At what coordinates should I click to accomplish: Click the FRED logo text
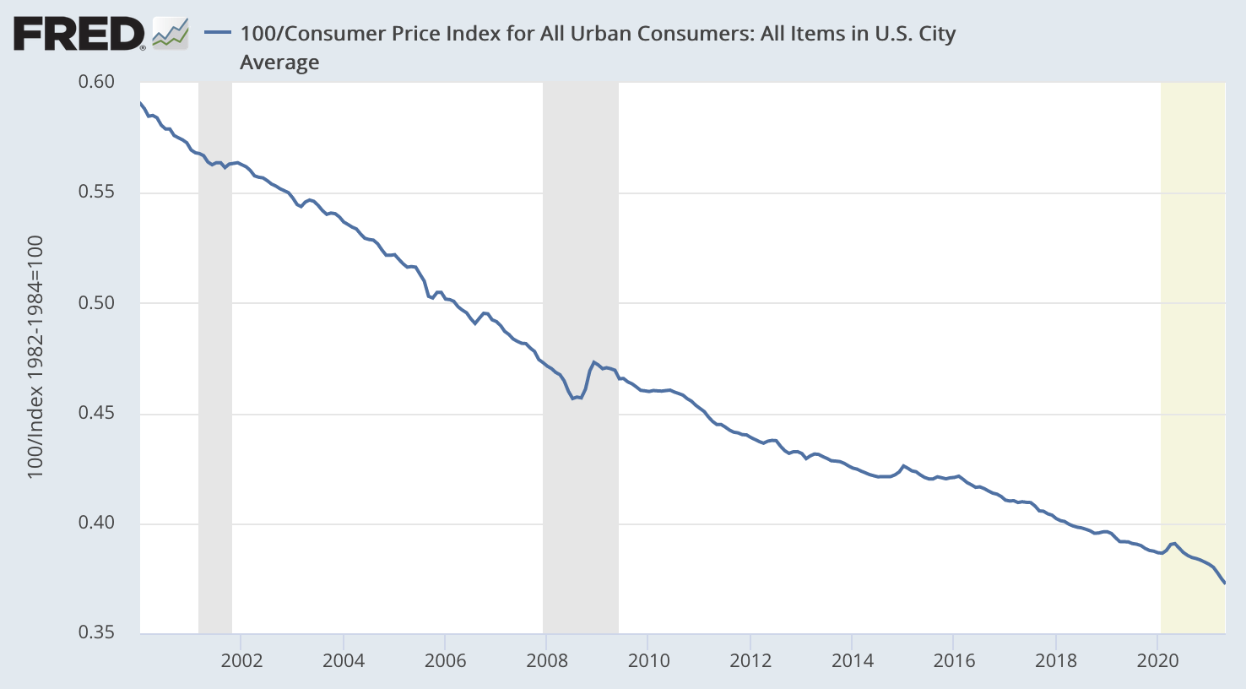click(79, 35)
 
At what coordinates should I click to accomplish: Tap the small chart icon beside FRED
click(170, 34)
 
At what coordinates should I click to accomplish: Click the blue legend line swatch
click(218, 33)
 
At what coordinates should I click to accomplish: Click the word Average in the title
click(279, 62)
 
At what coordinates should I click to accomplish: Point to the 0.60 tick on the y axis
click(96, 82)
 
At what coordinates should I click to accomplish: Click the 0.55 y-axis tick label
click(96, 193)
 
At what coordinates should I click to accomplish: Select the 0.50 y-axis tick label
click(96, 303)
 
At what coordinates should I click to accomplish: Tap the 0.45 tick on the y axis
click(96, 414)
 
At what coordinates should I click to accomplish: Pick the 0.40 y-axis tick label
click(96, 524)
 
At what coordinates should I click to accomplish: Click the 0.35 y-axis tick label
click(96, 632)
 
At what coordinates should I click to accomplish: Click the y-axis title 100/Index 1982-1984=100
click(35, 357)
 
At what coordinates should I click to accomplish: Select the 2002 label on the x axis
click(241, 660)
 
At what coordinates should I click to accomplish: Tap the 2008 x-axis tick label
click(547, 660)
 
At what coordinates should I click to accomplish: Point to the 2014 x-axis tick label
click(853, 660)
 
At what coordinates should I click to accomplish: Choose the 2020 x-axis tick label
click(1157, 660)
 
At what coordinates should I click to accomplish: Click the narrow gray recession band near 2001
click(215, 355)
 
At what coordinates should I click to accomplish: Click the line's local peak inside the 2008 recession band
click(594, 362)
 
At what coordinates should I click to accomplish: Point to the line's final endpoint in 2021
click(1224, 583)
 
